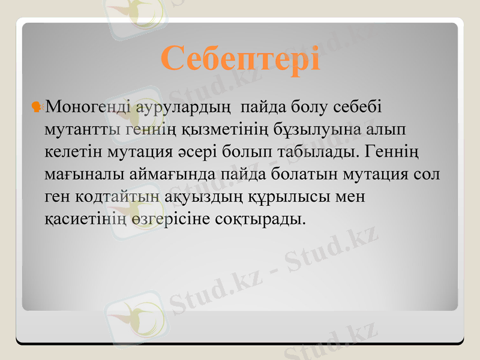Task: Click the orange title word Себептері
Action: (240, 59)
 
